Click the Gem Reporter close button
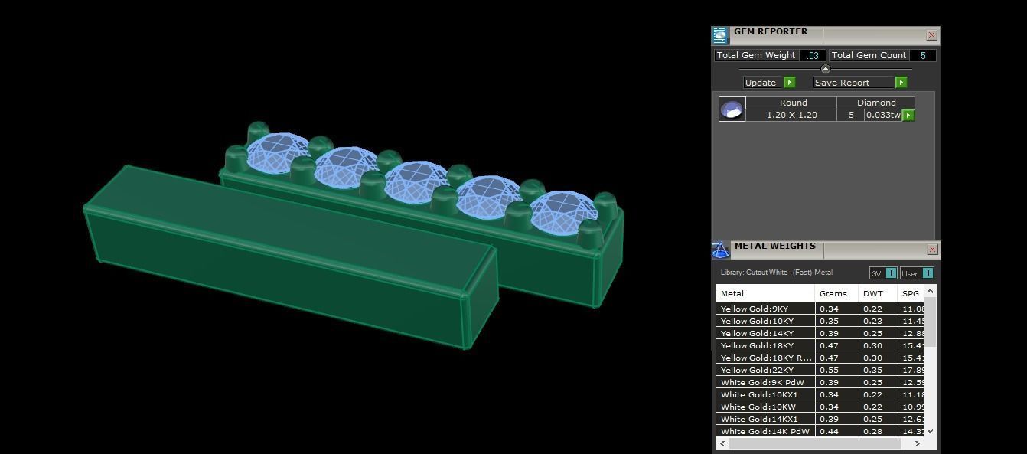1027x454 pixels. tap(931, 34)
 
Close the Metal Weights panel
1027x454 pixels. tap(932, 249)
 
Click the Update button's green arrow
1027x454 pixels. tap(790, 83)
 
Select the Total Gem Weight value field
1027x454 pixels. tap(812, 55)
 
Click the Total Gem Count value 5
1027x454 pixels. tap(923, 55)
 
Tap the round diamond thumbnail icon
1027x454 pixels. tap(732, 109)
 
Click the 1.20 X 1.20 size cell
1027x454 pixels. tap(791, 115)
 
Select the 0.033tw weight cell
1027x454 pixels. tap(883, 115)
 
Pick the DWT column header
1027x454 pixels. tap(872, 293)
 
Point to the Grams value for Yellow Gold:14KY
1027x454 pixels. tap(829, 333)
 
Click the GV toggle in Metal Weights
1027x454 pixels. tap(883, 273)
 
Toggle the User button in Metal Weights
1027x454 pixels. tap(916, 273)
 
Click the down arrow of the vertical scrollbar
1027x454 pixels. tap(930, 431)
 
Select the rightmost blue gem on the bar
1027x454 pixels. tap(564, 211)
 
